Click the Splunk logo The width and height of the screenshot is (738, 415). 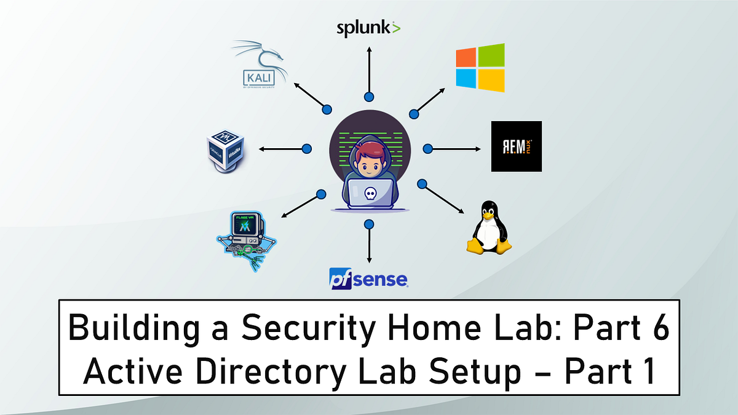point(368,28)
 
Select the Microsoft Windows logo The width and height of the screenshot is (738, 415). point(480,68)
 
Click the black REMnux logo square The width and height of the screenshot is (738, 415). point(517,146)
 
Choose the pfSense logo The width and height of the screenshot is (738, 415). point(368,278)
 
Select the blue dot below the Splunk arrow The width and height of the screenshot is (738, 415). point(368,97)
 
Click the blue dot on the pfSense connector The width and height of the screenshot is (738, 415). point(368,224)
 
